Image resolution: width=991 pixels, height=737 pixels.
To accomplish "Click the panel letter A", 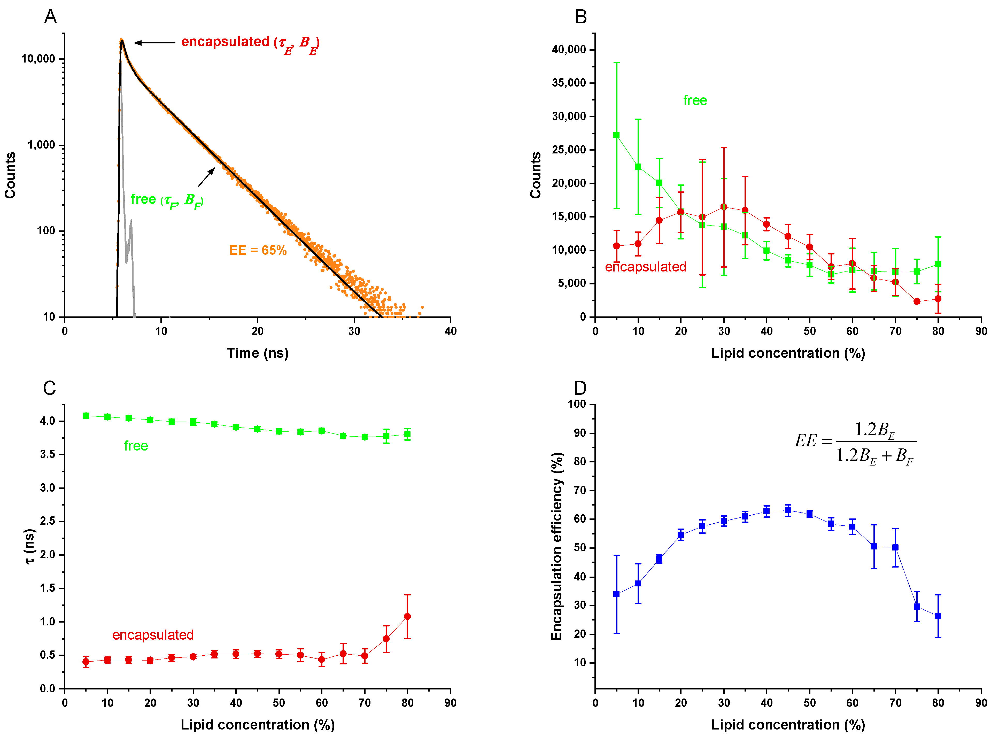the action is (x=50, y=17).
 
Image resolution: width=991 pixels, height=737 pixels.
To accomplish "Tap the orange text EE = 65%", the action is (x=258, y=250).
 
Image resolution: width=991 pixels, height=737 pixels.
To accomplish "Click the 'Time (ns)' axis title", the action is (x=258, y=353).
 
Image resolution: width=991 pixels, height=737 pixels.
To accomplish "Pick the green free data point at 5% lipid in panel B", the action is (x=616, y=135).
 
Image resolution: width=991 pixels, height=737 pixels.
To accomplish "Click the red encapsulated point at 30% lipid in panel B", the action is (x=724, y=207).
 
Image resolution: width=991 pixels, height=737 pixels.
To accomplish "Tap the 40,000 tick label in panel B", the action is (x=569, y=50).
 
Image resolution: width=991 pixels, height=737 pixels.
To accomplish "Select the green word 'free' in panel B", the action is (x=695, y=100).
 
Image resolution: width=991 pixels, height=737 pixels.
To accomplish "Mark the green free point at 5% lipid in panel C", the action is (x=86, y=416).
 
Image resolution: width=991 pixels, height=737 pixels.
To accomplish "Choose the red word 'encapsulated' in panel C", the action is (x=153, y=635).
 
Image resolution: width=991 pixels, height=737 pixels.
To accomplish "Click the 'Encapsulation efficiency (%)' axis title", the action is (x=556, y=547).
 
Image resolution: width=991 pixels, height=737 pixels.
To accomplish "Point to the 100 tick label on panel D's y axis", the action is (x=576, y=404).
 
